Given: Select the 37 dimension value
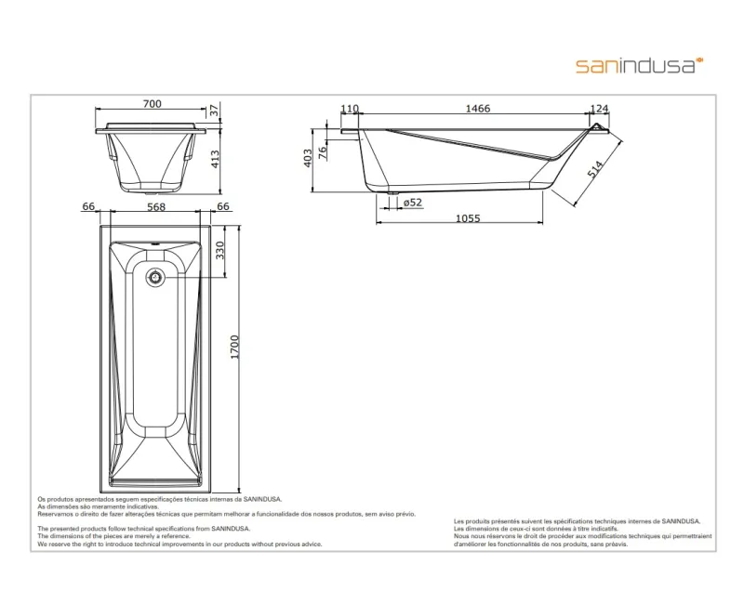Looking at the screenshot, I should [214, 111].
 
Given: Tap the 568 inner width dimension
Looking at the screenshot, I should [155, 206].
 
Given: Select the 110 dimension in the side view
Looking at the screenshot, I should [350, 110].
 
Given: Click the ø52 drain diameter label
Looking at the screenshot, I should [409, 202].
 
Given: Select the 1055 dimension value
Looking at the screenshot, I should [469, 219].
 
